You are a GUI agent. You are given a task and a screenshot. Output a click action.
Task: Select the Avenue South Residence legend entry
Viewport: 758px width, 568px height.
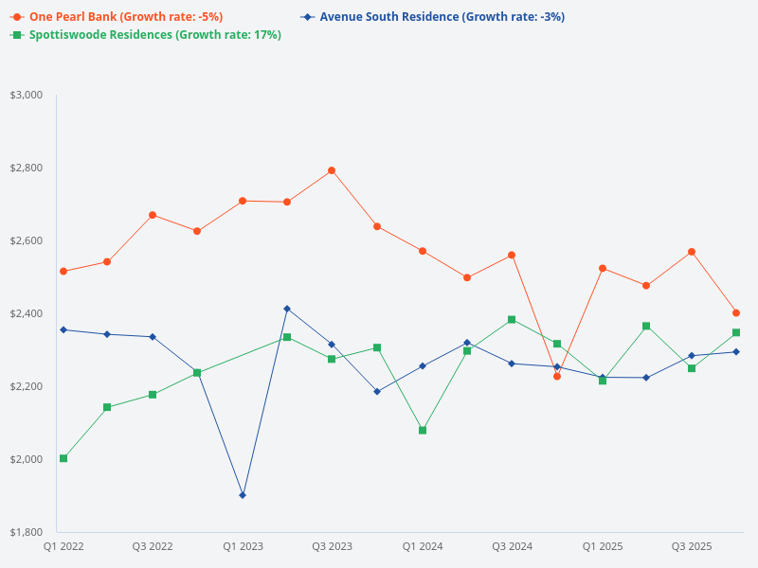coord(442,17)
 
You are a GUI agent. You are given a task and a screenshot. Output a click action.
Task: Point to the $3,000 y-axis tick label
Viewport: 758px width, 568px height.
coord(27,95)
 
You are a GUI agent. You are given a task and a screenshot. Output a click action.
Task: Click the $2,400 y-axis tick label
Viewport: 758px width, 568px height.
coord(27,313)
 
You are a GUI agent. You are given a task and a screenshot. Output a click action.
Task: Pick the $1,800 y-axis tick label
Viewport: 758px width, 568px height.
coord(27,532)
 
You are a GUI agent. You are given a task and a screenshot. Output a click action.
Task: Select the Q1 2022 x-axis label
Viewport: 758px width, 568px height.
coord(63,546)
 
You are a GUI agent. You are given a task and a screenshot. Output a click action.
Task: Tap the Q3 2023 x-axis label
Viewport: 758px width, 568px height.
coord(332,546)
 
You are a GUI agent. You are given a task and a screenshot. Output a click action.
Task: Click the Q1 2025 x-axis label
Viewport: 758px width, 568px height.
coord(603,546)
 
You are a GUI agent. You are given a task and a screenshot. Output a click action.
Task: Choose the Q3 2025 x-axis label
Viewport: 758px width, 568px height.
coord(692,546)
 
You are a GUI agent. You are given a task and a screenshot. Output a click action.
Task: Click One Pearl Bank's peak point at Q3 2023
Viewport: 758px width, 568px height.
coord(332,170)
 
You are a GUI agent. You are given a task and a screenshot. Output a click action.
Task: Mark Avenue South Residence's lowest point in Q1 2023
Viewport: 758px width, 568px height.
coord(243,495)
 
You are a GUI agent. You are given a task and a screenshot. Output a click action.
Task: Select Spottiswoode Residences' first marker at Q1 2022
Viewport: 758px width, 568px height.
coord(63,458)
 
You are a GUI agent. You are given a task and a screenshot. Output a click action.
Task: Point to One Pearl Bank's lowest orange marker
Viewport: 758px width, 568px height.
coord(557,376)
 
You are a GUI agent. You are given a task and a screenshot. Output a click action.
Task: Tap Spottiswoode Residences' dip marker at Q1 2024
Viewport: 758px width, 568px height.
coord(423,430)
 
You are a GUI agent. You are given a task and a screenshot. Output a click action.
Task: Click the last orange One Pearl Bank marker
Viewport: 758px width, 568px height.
coord(736,312)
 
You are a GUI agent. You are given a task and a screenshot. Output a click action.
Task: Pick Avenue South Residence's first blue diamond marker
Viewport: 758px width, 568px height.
coord(63,329)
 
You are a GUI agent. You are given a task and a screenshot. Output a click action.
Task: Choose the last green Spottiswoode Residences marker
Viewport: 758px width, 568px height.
coord(736,332)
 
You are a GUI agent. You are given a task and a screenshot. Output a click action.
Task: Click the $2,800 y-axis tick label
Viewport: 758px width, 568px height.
coord(27,168)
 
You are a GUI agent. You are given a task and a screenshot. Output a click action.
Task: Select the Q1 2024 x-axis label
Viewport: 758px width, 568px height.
coord(423,546)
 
